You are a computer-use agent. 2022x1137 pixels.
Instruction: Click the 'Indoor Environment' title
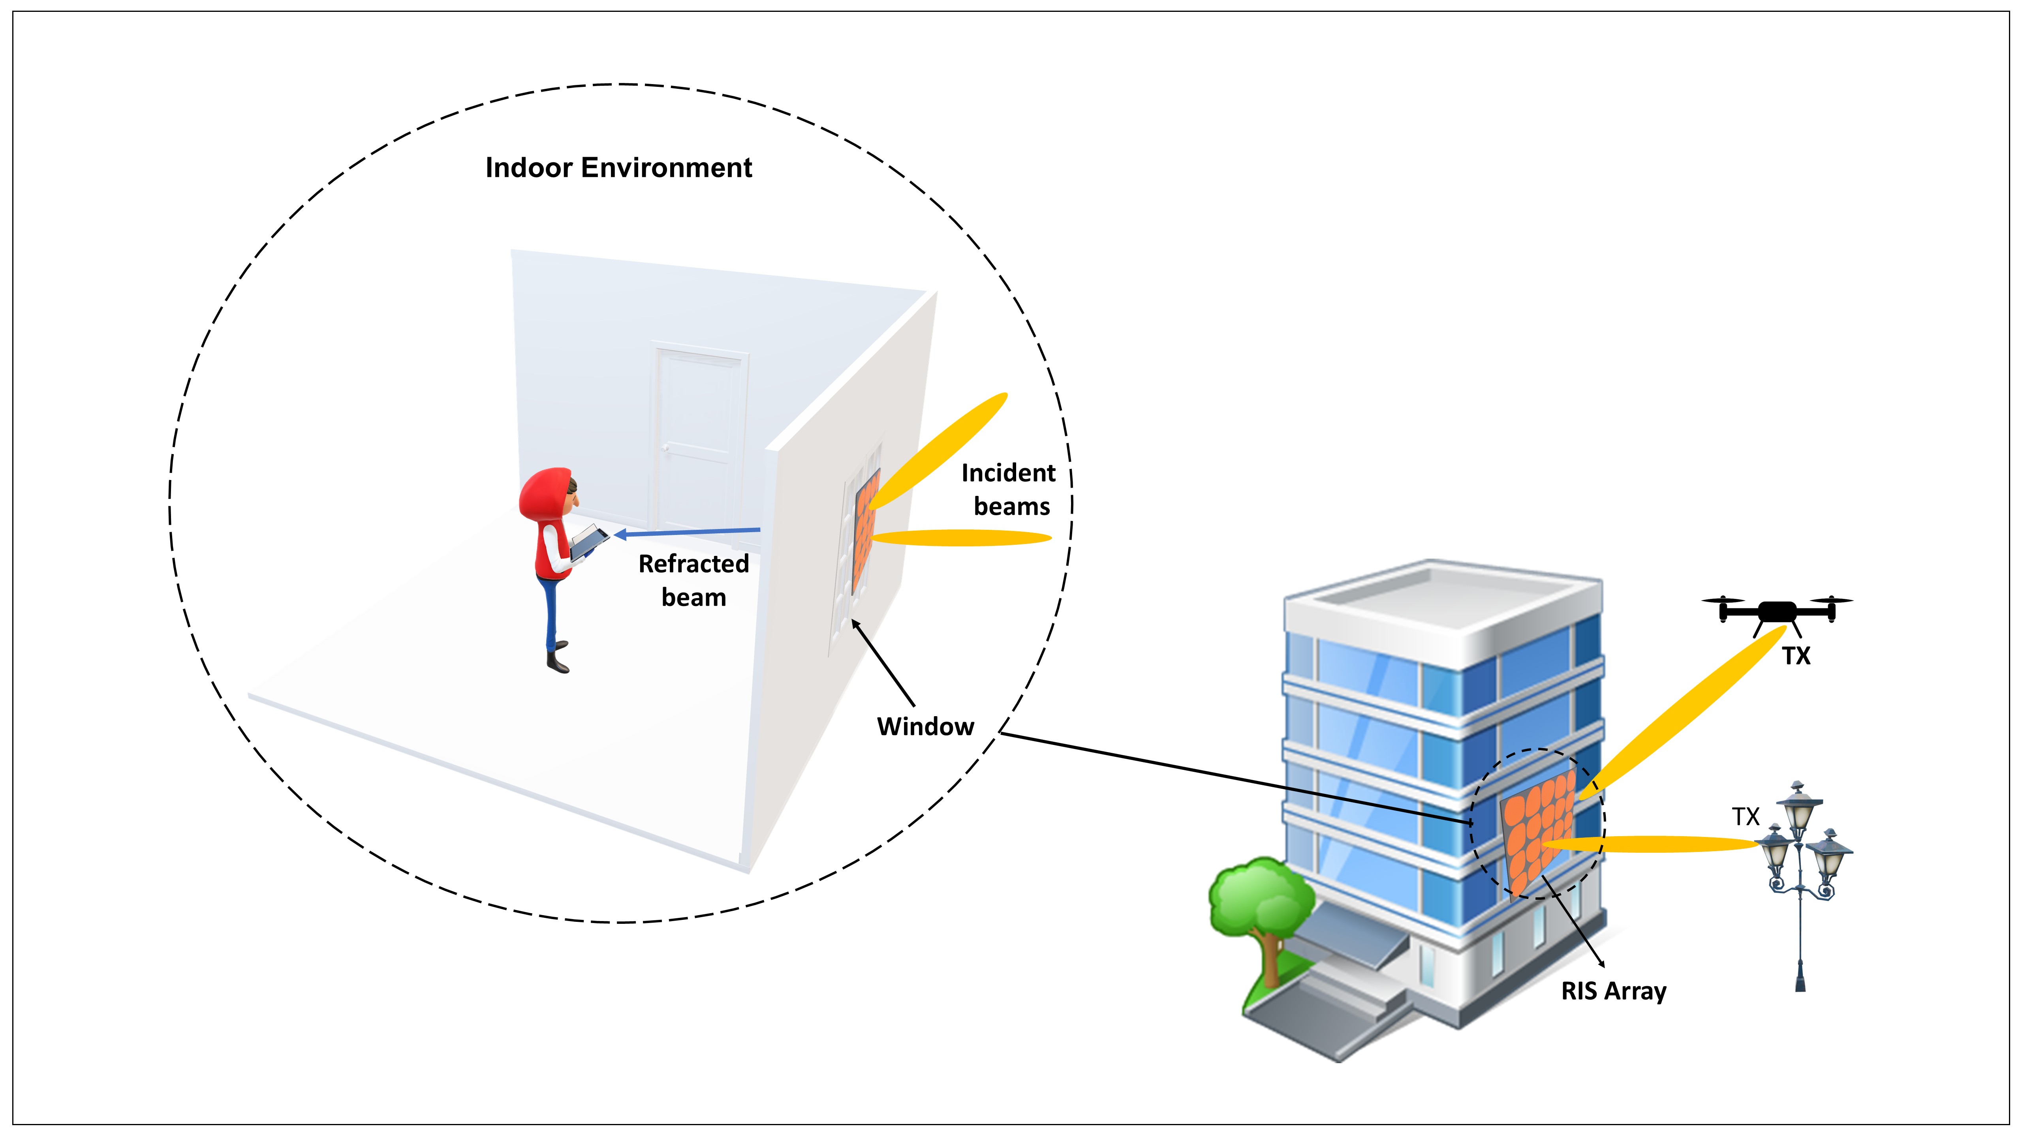click(618, 168)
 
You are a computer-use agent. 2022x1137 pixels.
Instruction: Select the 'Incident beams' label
click(1009, 490)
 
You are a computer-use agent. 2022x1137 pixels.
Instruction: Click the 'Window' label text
click(925, 726)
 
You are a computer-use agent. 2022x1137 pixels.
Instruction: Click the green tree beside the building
click(1260, 902)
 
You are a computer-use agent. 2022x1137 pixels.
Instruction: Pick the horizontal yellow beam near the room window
click(962, 537)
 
